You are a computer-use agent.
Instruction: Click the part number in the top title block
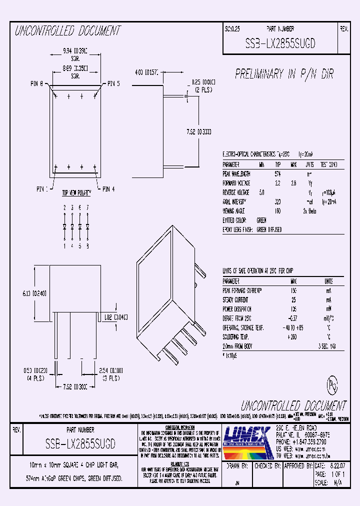[x=280, y=44]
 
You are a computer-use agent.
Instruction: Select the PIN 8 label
[x=38, y=84]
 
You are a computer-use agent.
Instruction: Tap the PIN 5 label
[x=113, y=84]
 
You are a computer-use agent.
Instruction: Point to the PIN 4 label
[x=108, y=189]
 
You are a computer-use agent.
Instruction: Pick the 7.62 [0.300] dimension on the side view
[x=197, y=132]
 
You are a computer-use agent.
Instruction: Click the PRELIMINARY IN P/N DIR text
[x=284, y=74]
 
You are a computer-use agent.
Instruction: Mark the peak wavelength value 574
[x=277, y=173]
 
